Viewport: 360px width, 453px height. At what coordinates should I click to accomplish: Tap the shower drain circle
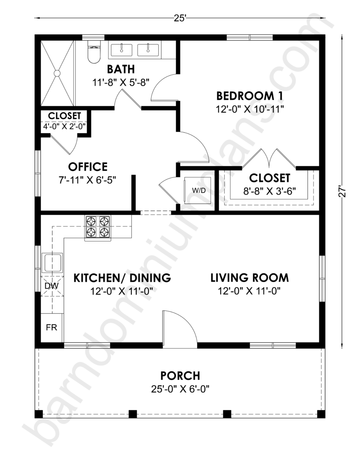click(57, 73)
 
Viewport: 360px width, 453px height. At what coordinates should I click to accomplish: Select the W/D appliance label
click(199, 190)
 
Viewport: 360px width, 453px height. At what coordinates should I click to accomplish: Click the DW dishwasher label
click(52, 286)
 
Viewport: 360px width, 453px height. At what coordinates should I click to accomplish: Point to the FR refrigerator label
click(52, 327)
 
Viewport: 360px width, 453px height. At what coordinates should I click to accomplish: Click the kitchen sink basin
click(52, 263)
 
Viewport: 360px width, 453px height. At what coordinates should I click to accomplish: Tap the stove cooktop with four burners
click(97, 228)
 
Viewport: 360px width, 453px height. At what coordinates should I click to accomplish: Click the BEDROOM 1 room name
click(249, 96)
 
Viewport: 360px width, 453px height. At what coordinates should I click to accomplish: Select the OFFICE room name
click(88, 167)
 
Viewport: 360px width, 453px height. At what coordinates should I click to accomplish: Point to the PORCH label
click(180, 376)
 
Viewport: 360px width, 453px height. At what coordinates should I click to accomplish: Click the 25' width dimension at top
click(180, 18)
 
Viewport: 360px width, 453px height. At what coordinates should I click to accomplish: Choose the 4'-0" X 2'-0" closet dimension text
click(65, 126)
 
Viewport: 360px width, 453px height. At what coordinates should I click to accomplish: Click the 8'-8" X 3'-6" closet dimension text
click(270, 191)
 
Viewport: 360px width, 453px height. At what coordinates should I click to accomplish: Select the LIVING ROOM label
click(249, 278)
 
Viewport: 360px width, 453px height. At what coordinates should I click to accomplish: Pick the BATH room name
click(121, 69)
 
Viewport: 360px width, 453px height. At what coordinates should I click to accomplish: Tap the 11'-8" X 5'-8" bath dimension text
click(121, 83)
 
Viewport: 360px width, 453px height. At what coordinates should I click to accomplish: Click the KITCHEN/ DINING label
click(122, 278)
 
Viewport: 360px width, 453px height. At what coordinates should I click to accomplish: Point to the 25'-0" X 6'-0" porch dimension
click(180, 389)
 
